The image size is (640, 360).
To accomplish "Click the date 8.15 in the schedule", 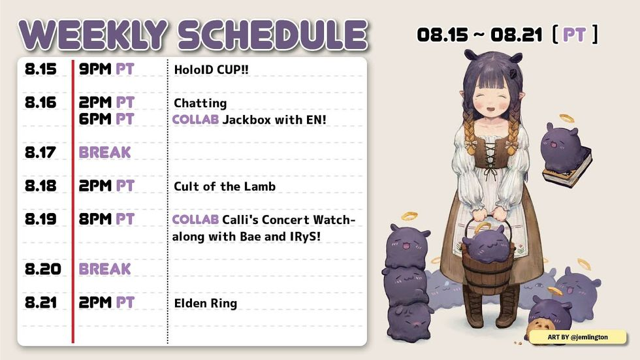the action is click(x=40, y=69).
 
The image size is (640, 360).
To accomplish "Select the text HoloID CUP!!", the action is click(x=211, y=69).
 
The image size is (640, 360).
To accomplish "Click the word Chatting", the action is click(x=200, y=103).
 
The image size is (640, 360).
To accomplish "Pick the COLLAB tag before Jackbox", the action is click(x=195, y=120).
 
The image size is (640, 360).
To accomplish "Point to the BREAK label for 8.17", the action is click(x=105, y=153).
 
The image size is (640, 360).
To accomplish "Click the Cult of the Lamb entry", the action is click(x=225, y=186).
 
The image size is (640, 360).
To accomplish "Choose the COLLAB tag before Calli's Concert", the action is click(x=195, y=220).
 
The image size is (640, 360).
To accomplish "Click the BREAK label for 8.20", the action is click(x=105, y=269).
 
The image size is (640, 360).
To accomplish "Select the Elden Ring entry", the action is click(x=205, y=304).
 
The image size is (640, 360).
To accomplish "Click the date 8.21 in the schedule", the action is click(x=40, y=303).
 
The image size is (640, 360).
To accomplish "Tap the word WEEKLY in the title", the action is click(x=93, y=34).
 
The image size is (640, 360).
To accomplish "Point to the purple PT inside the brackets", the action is click(x=574, y=35).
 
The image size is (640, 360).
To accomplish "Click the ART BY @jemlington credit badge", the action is click(x=577, y=337).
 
